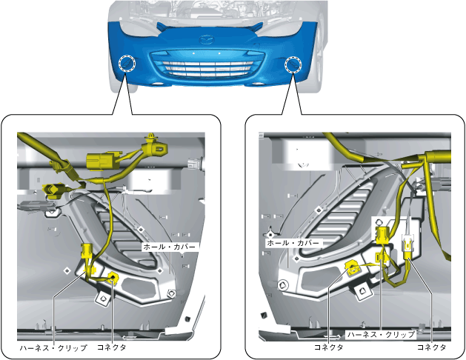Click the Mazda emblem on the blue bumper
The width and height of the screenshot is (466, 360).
[207, 38]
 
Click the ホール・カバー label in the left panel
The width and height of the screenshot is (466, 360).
[170, 244]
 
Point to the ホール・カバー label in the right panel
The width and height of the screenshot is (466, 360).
[293, 243]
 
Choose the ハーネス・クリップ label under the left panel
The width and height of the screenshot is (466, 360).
[53, 347]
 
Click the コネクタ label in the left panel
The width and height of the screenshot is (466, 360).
[112, 347]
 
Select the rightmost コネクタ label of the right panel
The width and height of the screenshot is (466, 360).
[431, 347]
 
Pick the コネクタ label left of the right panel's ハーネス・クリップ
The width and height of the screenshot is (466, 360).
[328, 347]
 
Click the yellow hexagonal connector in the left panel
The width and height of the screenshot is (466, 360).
[113, 278]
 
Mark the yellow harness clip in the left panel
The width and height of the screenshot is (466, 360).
[87, 256]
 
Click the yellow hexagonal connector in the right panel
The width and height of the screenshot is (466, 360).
[353, 268]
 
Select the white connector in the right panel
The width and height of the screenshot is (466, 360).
[407, 247]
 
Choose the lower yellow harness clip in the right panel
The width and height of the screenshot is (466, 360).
[382, 258]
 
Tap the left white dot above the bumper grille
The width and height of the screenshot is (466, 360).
[193, 54]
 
